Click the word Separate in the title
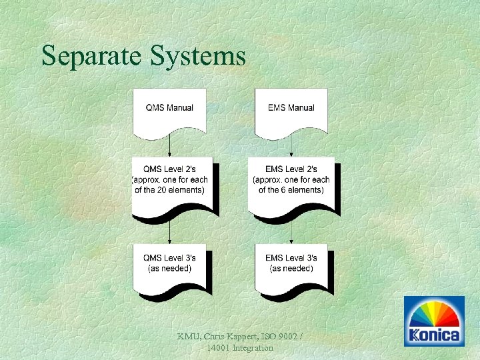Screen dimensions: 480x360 point(86,56)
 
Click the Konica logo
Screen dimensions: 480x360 point(435,321)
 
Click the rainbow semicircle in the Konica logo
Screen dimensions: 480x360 point(435,314)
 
